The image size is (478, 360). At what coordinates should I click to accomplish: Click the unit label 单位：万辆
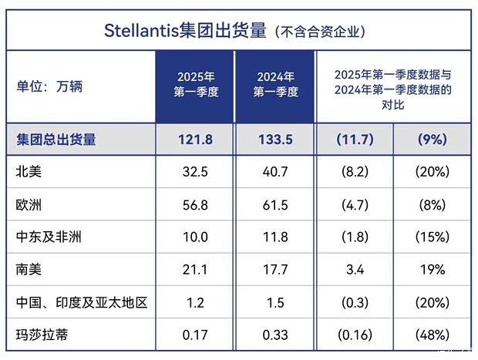coord(49,86)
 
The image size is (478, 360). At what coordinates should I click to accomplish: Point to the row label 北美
coord(29,172)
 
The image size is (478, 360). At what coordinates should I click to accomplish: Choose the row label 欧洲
coord(29,204)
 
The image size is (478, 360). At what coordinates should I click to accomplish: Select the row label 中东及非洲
coord(49,237)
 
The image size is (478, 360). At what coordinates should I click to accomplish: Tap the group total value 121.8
coord(195,140)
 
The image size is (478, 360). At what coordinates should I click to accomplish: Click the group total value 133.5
coord(275,140)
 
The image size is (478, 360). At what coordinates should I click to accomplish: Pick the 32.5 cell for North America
coord(195,172)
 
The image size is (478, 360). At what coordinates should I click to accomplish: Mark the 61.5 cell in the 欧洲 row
coord(275,204)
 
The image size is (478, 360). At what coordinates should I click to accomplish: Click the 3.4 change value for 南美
coord(355,270)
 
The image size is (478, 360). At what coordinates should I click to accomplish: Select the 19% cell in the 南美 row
coord(433,270)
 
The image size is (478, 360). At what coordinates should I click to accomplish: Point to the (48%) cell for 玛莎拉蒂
coord(433,335)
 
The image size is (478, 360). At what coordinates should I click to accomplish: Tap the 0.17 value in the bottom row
coord(195,335)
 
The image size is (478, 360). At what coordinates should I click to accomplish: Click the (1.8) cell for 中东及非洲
coord(355,237)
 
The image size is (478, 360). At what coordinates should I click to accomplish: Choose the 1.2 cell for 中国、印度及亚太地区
coord(195,303)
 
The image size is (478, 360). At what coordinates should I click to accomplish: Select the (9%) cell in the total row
coord(433,140)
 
